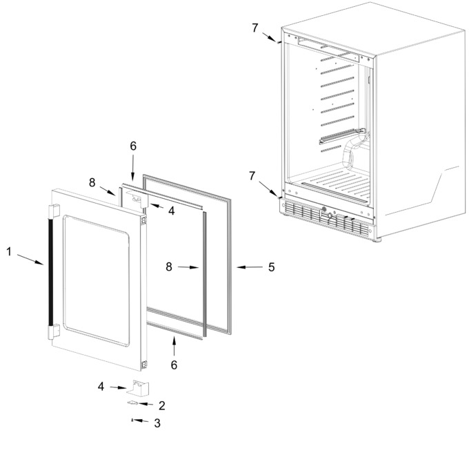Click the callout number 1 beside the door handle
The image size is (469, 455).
point(9,252)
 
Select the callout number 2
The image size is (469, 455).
point(161,405)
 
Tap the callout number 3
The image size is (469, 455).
point(157,423)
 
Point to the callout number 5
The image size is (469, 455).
point(271,267)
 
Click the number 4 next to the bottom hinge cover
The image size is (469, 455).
point(101,387)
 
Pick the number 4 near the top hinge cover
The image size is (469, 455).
point(171,211)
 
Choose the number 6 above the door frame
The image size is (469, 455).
point(133,146)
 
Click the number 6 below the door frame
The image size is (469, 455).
point(174,365)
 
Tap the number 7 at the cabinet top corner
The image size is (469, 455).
point(255,28)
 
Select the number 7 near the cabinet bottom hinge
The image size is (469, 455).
point(252,175)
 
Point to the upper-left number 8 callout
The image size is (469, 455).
point(92,182)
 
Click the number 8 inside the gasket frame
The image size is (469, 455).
point(169,267)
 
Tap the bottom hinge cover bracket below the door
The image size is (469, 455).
point(138,387)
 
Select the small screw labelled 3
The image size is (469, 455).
point(132,420)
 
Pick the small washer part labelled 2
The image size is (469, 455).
point(132,403)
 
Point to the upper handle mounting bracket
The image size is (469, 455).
point(54,211)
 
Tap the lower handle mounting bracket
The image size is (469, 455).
point(54,331)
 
